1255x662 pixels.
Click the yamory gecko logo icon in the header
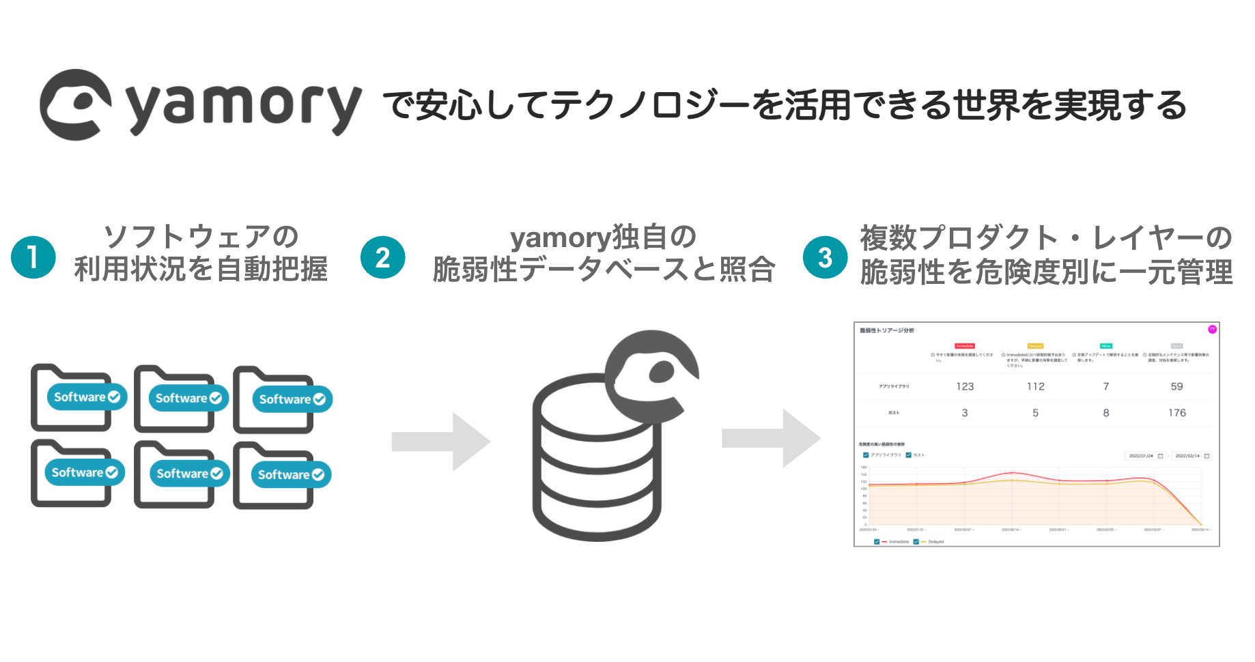click(75, 105)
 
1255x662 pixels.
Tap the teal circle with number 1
click(33, 257)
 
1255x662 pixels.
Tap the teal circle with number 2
click(382, 257)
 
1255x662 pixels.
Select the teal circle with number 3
click(825, 257)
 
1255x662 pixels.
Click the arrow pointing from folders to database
click(441, 442)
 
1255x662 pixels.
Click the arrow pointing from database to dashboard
click(771, 438)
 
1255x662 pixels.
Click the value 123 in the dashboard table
click(965, 386)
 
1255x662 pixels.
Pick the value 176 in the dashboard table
click(1176, 413)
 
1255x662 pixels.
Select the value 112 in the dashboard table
click(1035, 386)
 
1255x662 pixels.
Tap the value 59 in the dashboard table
click(1176, 386)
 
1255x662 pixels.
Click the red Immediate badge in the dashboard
click(965, 346)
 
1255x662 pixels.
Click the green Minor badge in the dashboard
click(1105, 346)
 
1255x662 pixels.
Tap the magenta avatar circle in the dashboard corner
click(1212, 330)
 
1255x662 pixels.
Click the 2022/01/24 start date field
click(1145, 456)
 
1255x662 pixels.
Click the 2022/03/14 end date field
click(1191, 456)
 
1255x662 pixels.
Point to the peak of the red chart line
click(1011, 472)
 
